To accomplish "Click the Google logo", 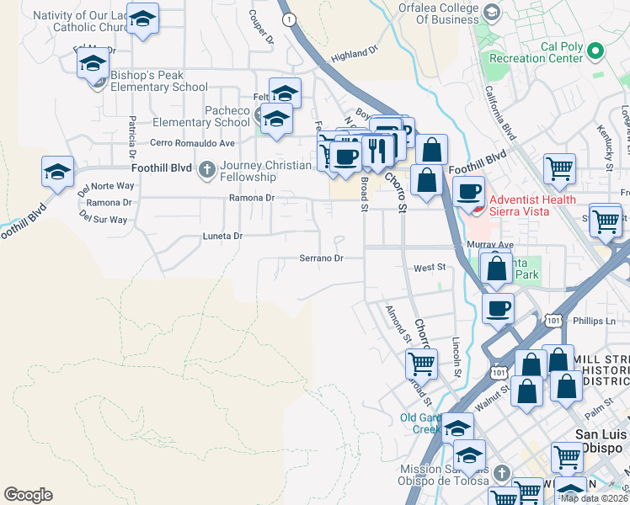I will [28, 495].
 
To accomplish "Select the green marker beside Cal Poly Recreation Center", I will [595, 51].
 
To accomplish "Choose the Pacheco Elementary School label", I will [215, 116].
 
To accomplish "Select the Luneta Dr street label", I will [222, 237].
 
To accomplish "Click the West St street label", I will [429, 268].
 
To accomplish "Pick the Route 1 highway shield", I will [290, 19].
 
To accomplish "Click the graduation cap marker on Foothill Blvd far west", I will [57, 172].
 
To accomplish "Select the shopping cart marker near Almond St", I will [420, 364].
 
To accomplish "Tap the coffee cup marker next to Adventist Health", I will [469, 191].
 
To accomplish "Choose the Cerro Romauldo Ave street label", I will [192, 143].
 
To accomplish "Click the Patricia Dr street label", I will [132, 138].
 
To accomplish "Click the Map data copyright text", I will [595, 498].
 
